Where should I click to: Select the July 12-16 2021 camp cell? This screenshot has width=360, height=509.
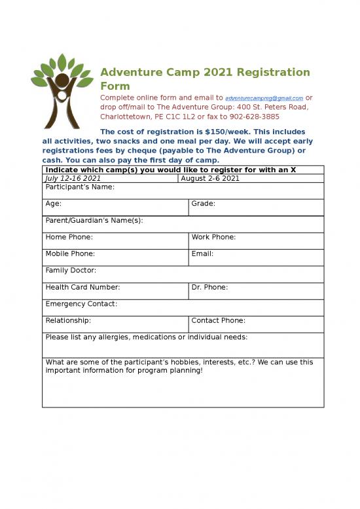coord(73,178)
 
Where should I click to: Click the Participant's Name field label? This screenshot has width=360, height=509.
coord(80,187)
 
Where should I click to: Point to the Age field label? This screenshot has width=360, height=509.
coord(54,204)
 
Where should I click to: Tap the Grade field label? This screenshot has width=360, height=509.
coord(203,204)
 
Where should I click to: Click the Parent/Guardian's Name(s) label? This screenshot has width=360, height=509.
coord(94,221)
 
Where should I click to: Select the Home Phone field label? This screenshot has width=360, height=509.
coord(69,237)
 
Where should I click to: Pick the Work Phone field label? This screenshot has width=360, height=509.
coord(213,237)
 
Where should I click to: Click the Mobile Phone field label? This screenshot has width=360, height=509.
coord(70,254)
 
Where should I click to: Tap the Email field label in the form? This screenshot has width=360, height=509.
coord(202,254)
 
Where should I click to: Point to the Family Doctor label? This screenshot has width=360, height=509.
coord(71,271)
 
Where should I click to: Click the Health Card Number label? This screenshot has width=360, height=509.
coord(82,287)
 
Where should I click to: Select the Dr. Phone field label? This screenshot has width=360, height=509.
coord(209,287)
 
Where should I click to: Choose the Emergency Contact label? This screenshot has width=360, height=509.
coord(81,304)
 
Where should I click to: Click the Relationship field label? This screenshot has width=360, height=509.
coord(68,320)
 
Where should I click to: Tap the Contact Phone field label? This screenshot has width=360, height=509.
coord(219,320)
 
